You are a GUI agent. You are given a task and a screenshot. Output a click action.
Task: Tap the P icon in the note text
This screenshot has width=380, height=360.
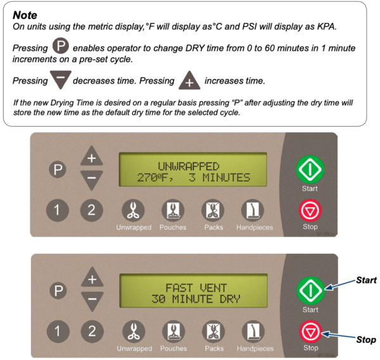coord(61,48)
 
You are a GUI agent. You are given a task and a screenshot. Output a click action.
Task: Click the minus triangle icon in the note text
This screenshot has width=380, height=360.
coord(60,81)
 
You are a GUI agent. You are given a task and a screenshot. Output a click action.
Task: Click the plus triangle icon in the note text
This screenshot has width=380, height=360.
coord(189,82)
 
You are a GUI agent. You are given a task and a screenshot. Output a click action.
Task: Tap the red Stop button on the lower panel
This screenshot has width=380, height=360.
coord(310,331)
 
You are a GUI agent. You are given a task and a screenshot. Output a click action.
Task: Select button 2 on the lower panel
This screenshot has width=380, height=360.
coord(92,330)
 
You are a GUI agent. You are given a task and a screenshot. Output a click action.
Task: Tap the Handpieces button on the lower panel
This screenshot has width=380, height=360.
coord(255,330)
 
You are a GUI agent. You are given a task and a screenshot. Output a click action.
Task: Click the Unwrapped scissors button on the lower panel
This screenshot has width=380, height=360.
coord(132,330)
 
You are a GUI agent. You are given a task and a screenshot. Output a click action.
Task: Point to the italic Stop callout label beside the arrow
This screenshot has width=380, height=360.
coord(365,340)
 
